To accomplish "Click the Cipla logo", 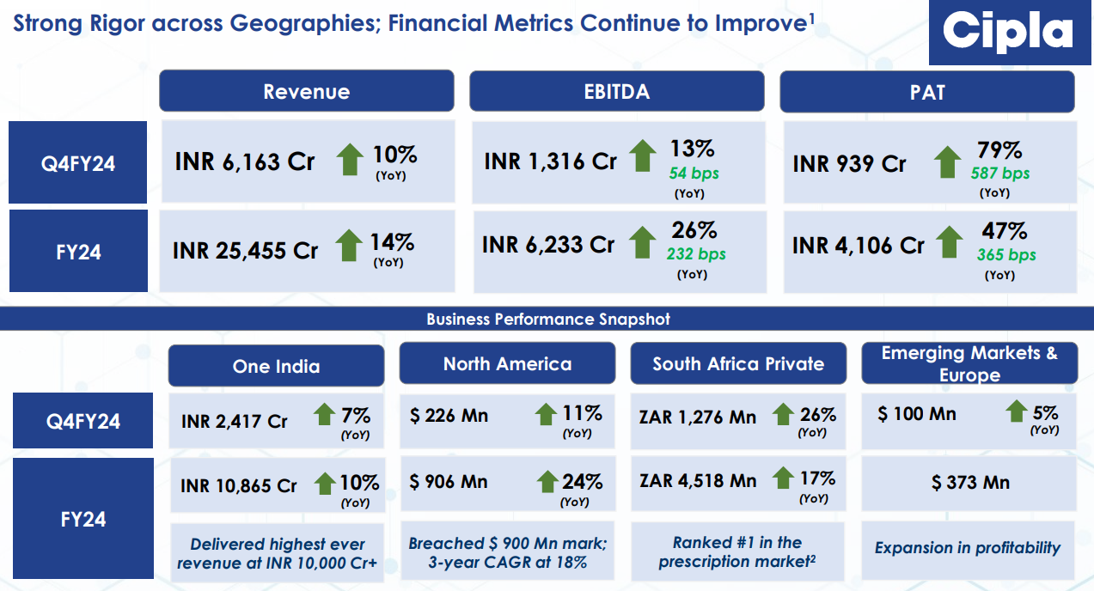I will click(x=1007, y=34).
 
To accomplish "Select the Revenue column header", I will click(x=306, y=92).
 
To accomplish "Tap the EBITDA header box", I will click(x=616, y=92).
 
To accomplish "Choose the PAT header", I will click(x=926, y=92).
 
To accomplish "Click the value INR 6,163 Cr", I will click(x=245, y=161).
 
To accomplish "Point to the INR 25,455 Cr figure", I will click(x=245, y=250).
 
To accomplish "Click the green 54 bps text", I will click(x=694, y=174).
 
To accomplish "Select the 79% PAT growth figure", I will click(x=999, y=151).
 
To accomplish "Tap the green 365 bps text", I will click(x=1005, y=255).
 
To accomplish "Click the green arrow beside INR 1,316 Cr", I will click(x=643, y=157).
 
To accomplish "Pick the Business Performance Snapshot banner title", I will click(x=547, y=320).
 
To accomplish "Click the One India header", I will click(x=276, y=367).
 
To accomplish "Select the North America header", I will click(x=507, y=364).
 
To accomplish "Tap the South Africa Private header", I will click(x=738, y=364).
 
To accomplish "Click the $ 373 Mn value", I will click(x=970, y=483).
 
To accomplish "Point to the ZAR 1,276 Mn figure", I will click(x=698, y=417).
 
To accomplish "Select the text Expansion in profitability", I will click(x=968, y=548).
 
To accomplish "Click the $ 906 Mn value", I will click(x=449, y=482).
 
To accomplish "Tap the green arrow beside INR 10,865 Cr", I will click(x=325, y=484).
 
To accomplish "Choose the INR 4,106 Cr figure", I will click(x=858, y=246).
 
